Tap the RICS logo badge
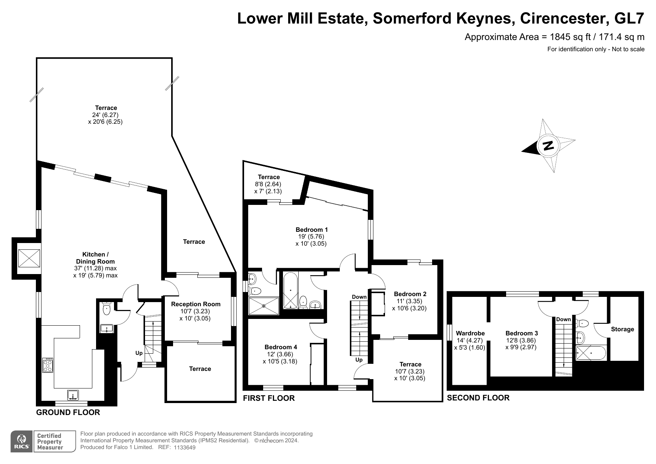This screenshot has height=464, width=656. pyautogui.click(x=22, y=442)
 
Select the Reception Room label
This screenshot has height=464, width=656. pyautogui.click(x=196, y=304)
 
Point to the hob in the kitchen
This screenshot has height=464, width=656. pyautogui.click(x=48, y=365)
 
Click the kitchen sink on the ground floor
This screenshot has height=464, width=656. pyautogui.click(x=73, y=394)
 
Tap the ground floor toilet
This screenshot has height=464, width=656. pyautogui.click(x=107, y=307)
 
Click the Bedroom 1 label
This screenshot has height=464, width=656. pyautogui.click(x=312, y=230)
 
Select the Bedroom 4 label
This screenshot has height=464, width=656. pyautogui.click(x=281, y=347)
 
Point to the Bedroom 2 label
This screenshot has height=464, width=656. pyautogui.click(x=410, y=294)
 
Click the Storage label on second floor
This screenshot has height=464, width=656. pyautogui.click(x=622, y=329)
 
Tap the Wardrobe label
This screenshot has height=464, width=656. pyautogui.click(x=470, y=333)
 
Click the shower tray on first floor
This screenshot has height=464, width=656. pyautogui.click(x=264, y=306)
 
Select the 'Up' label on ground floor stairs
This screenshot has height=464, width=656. pyautogui.click(x=139, y=353)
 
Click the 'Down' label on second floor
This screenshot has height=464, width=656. pyautogui.click(x=563, y=319)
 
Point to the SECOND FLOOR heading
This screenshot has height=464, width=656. pyautogui.click(x=478, y=398)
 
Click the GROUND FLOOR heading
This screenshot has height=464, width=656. pyautogui.click(x=68, y=412)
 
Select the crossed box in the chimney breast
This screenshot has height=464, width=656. pyautogui.click(x=29, y=258)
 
